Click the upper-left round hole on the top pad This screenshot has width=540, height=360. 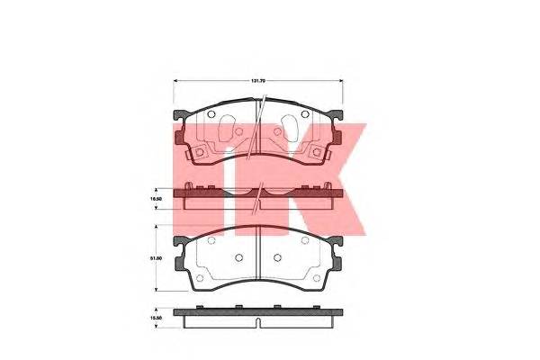pyautogui.click(x=211, y=114)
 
